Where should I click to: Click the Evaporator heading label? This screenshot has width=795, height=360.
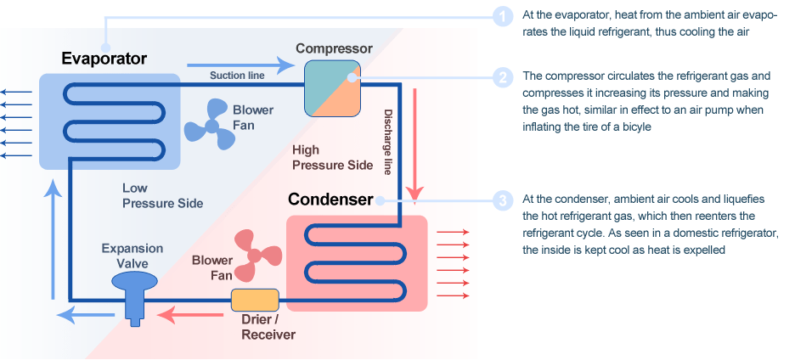tap(104, 59)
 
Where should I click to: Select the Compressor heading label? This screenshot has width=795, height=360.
tap(334, 48)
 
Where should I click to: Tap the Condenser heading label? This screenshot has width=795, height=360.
tap(330, 200)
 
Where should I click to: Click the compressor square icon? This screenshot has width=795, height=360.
tap(333, 87)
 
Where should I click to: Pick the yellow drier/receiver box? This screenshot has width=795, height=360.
tap(255, 299)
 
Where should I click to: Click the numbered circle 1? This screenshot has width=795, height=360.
tap(503, 15)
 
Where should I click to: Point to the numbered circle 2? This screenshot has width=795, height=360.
tap(503, 77)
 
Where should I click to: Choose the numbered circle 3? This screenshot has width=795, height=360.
tap(503, 200)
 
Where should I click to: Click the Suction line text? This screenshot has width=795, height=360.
tap(237, 76)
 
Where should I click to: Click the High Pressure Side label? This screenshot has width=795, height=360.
tap(331, 157)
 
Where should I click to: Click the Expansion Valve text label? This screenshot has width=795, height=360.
tap(132, 256)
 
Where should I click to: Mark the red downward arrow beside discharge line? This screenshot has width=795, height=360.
tap(414, 141)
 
